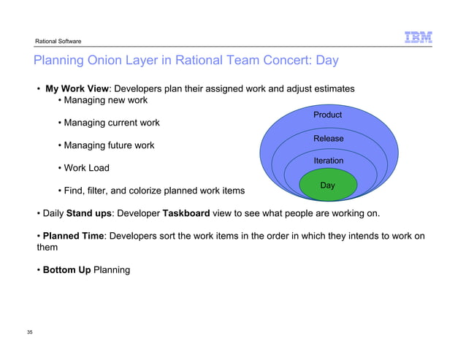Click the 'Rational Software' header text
pos(54,40)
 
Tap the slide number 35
pos(30,333)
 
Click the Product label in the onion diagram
pos(327,115)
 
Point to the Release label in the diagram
pos(328,138)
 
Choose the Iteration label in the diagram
pos(328,161)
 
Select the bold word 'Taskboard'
pos(186,215)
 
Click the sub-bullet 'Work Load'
pos(86,168)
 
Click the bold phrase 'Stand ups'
pos(89,215)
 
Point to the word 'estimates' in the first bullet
pos(332,89)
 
